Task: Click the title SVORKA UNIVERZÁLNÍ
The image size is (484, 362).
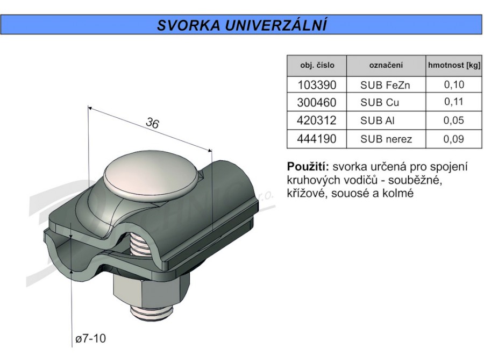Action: coord(241,25)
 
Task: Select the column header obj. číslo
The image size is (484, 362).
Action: coord(317,66)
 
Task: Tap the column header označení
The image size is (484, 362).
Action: coord(386,66)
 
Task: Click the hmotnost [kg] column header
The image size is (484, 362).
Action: coord(454,66)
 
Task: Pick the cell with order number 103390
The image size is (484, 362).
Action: coord(317,85)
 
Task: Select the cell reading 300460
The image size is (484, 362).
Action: coord(317,102)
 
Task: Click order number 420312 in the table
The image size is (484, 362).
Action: coord(317,120)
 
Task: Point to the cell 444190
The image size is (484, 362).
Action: coord(317,139)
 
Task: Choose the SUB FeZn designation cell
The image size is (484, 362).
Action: coord(385,85)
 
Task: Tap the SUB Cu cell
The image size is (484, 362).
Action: coord(380,102)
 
